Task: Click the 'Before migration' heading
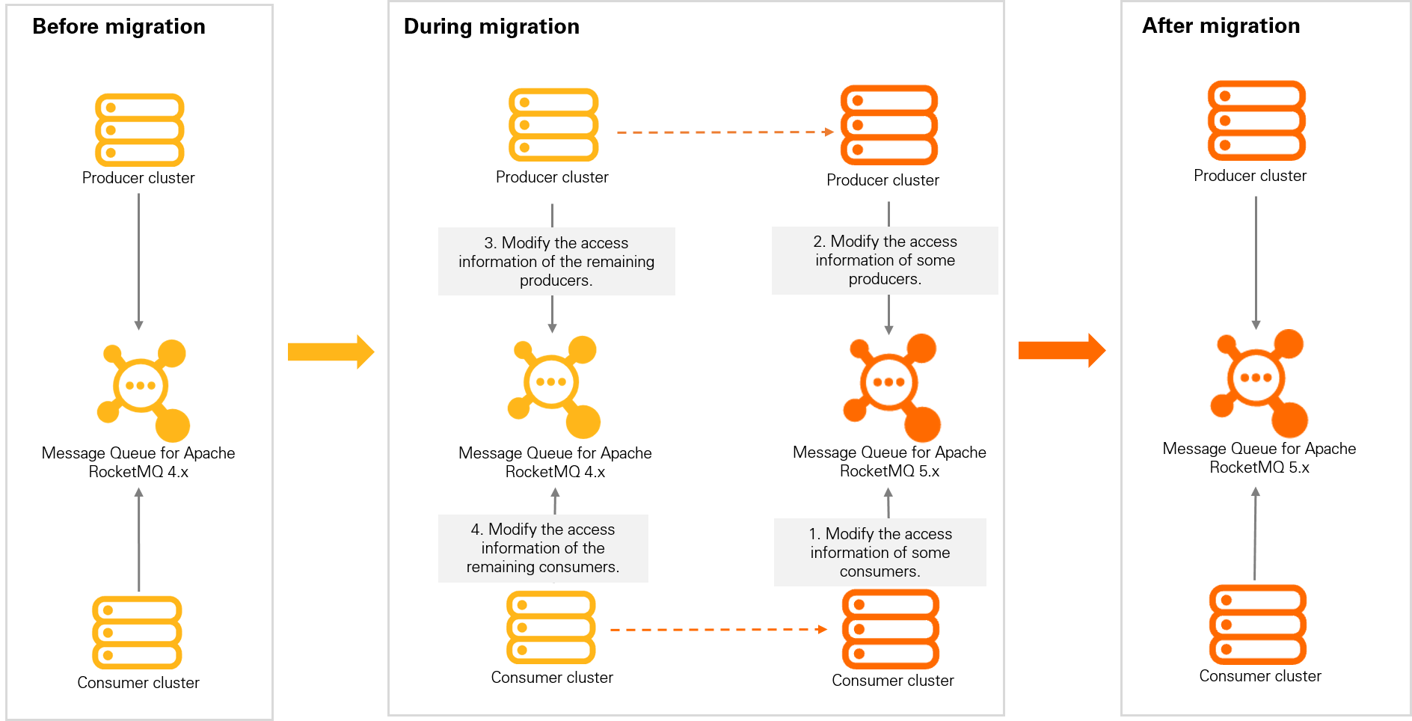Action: click(x=118, y=26)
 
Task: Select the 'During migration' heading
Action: click(x=491, y=26)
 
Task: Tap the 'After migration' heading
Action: click(x=1221, y=25)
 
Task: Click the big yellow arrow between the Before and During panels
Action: click(x=331, y=352)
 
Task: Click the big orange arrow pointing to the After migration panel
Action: click(x=1061, y=350)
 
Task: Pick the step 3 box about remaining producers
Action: click(x=556, y=262)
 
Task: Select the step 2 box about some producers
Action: click(x=885, y=260)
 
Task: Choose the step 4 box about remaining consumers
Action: click(x=543, y=548)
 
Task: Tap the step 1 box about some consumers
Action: click(x=880, y=553)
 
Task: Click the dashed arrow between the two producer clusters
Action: click(x=724, y=132)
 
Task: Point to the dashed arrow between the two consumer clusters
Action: click(x=718, y=630)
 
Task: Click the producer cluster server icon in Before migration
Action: click(x=139, y=130)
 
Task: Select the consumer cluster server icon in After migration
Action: click(x=1258, y=625)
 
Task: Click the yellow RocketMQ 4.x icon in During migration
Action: click(x=553, y=386)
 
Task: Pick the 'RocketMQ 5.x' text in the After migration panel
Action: click(x=1259, y=467)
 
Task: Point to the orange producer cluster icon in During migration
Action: click(x=888, y=125)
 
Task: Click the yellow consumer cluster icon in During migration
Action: click(x=551, y=628)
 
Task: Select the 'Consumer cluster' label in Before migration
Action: click(x=138, y=683)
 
